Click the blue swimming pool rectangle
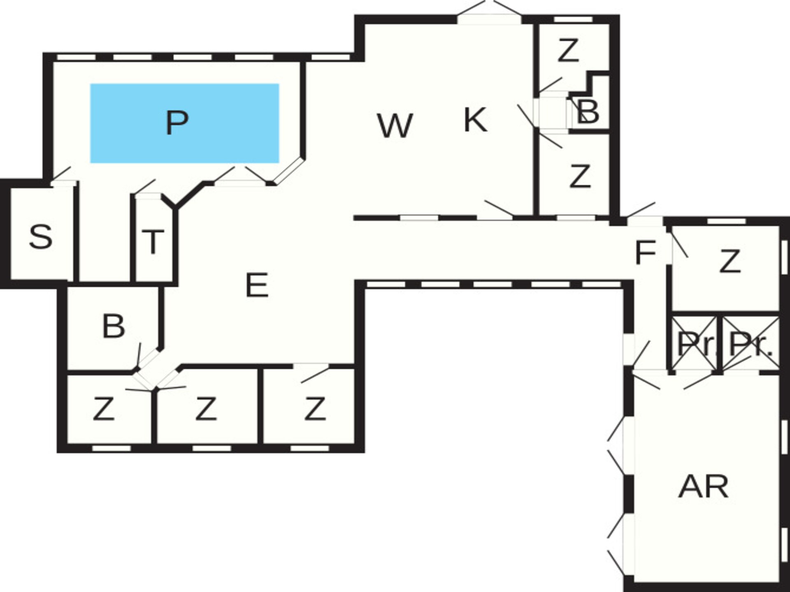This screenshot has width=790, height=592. tap(185, 123)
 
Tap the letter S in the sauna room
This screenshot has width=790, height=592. tap(41, 237)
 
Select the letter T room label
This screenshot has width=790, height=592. tap(153, 242)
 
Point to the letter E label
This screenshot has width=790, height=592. tap(257, 285)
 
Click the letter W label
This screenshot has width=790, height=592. tap(395, 126)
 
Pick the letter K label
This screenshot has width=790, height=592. tap(476, 120)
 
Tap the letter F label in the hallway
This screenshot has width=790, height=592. tap(645, 252)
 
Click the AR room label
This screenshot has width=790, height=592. tap(704, 486)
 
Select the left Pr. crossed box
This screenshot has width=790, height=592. tap(695, 343)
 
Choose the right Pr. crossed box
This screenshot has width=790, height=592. tap(751, 343)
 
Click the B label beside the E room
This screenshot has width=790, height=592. tap(114, 326)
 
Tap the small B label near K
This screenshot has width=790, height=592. tap(588, 111)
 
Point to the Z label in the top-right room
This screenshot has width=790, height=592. tap(568, 50)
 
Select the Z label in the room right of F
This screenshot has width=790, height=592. tap(730, 261)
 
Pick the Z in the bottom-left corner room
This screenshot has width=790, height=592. tap(103, 409)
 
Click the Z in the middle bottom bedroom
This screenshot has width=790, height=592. tap(206, 409)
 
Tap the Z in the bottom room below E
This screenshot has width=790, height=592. tap(315, 409)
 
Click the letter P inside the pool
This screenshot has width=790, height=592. tap(177, 122)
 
